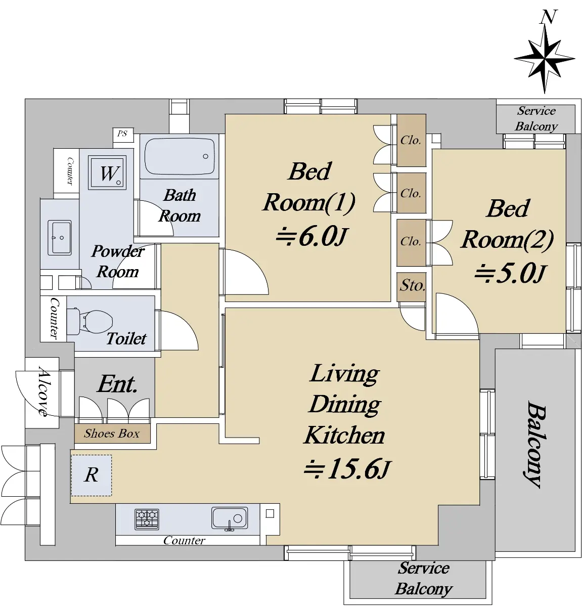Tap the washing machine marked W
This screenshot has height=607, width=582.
click(107, 172)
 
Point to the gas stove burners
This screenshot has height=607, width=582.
click(147, 519)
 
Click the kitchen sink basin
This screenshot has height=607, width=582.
click(230, 518)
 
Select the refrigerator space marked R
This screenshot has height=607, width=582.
click(92, 475)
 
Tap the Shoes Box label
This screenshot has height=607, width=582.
click(112, 433)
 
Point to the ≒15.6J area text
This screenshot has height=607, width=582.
click(347, 468)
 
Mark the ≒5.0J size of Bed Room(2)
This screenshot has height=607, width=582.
click(509, 274)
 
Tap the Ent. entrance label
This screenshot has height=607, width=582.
click(117, 384)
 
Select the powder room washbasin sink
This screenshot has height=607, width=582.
click(60, 238)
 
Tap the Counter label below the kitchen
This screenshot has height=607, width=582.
click(184, 541)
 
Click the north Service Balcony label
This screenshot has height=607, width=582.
click(536, 119)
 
